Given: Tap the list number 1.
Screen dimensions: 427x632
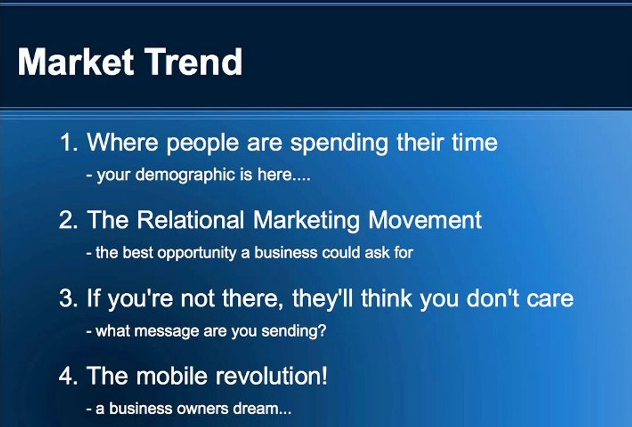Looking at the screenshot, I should click(x=67, y=143).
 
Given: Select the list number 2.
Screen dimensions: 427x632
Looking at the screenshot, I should click(x=67, y=220).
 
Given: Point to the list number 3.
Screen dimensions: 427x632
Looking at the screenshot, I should click(x=67, y=298).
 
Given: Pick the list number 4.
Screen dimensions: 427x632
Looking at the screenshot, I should click(x=67, y=376).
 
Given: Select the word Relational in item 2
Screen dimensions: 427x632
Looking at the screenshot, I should click(x=190, y=220).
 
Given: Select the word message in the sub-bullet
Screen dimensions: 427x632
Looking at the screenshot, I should click(x=172, y=331).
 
